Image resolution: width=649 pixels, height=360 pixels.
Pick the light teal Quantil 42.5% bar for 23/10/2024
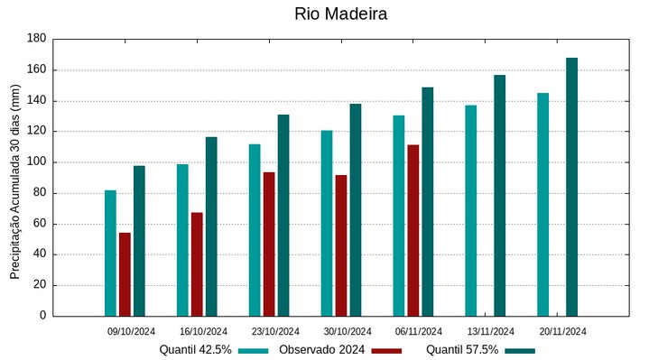pyautogui.click(x=255, y=230)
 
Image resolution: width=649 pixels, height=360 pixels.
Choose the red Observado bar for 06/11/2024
pyautogui.click(x=413, y=230)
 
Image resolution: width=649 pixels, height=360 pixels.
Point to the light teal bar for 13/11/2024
pyautogui.click(x=470, y=210)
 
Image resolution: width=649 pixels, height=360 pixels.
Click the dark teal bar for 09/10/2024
pyautogui.click(x=139, y=240)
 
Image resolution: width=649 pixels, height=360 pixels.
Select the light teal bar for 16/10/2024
pyautogui.click(x=182, y=240)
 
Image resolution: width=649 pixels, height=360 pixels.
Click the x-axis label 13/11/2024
pyautogui.click(x=490, y=331)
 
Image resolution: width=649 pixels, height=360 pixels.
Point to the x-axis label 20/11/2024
pyautogui.click(x=562, y=331)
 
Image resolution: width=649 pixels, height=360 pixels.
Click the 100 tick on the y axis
pyautogui.click(x=36, y=162)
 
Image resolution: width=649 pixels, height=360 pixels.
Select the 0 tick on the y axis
pyautogui.click(x=42, y=316)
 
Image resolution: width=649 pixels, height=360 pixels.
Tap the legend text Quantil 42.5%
pyautogui.click(x=195, y=349)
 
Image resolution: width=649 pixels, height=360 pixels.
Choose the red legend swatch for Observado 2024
pyautogui.click(x=386, y=350)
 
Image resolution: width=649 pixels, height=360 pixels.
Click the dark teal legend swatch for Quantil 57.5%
pyautogui.click(x=520, y=350)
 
